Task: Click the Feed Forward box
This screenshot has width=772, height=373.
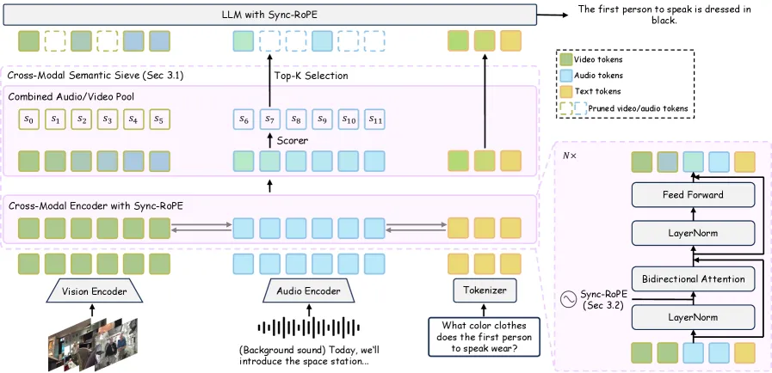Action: pos(693,194)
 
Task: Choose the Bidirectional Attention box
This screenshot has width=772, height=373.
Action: pos(693,279)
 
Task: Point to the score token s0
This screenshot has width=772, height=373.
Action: pos(29,119)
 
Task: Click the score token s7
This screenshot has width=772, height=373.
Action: pos(270,119)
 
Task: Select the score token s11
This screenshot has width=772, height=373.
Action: pos(374,119)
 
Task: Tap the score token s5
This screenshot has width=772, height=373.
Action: pos(159,119)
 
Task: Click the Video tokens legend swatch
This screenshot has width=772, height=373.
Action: pos(565,59)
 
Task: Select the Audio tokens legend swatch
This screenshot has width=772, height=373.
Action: pos(565,76)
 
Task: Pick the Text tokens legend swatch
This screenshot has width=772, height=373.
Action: pos(565,91)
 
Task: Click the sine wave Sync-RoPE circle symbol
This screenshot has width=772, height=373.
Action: pos(569,299)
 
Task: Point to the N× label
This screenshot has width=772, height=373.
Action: pos(570,156)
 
